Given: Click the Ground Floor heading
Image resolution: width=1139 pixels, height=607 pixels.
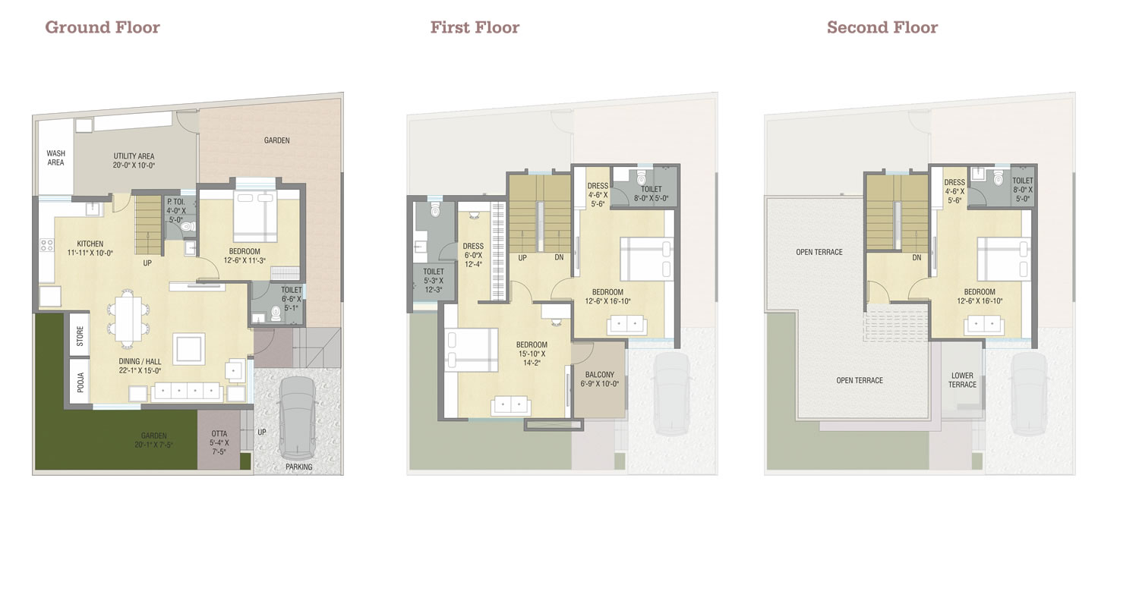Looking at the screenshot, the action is click(x=103, y=27).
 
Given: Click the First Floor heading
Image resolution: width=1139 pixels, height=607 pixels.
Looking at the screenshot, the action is click(x=475, y=27).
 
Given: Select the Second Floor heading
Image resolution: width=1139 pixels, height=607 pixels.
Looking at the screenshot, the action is click(x=882, y=27).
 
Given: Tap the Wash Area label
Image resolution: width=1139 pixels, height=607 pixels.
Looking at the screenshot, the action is click(x=56, y=158).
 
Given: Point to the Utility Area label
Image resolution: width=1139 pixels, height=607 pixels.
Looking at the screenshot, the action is click(x=134, y=161).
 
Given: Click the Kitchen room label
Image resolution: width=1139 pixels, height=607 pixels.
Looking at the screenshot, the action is click(x=90, y=248).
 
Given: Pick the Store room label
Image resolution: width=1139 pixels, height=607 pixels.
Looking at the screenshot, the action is click(x=80, y=336).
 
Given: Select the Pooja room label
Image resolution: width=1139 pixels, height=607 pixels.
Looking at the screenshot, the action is click(x=80, y=382).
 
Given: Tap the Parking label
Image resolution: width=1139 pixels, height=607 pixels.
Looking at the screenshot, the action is click(x=299, y=467).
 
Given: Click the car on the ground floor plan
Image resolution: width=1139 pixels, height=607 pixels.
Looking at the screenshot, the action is click(x=298, y=417).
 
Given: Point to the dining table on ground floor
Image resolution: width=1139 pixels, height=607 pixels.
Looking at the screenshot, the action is click(x=128, y=319).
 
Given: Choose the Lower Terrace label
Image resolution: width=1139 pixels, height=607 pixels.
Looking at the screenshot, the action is click(x=962, y=380).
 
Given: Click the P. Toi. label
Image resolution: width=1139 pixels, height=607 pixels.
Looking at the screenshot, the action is click(x=176, y=211).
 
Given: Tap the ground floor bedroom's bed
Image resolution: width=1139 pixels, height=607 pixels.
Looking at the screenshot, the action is click(x=255, y=216).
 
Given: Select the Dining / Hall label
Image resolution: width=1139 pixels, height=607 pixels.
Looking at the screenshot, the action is click(x=140, y=366).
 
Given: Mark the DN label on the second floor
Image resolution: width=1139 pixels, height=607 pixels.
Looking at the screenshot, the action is click(x=917, y=257).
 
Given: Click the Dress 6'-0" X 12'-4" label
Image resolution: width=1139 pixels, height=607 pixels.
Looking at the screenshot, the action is click(x=473, y=255).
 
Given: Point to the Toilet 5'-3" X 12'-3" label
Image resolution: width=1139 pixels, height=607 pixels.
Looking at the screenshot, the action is click(x=434, y=281).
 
